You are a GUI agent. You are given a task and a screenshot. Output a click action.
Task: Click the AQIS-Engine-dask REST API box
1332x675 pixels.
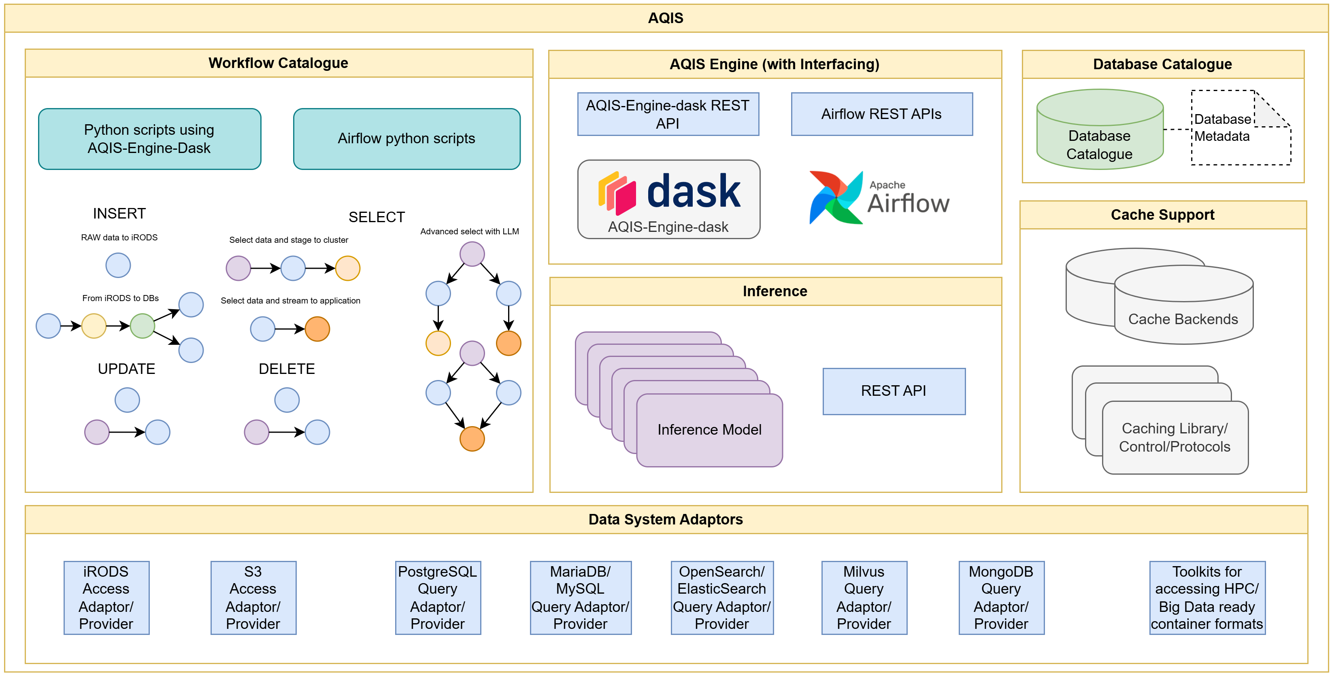(668, 114)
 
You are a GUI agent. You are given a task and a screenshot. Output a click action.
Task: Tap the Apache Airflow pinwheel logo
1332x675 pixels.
(836, 197)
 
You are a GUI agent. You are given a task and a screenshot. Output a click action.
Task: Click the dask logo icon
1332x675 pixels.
(617, 193)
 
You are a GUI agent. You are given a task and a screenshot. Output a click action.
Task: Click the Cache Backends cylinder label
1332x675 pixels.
(1183, 319)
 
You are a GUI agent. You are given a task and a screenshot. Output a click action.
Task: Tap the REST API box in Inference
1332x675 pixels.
(894, 391)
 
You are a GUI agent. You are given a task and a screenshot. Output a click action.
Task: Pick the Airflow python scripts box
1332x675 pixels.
(406, 138)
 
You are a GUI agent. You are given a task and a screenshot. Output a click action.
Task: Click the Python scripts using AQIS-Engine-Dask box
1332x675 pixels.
(149, 138)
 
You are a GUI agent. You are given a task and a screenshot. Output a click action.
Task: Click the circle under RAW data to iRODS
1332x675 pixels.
(118, 265)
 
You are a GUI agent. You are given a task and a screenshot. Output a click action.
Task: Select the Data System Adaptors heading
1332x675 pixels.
(666, 520)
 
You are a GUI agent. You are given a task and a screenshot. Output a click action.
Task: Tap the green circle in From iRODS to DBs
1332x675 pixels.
(142, 326)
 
